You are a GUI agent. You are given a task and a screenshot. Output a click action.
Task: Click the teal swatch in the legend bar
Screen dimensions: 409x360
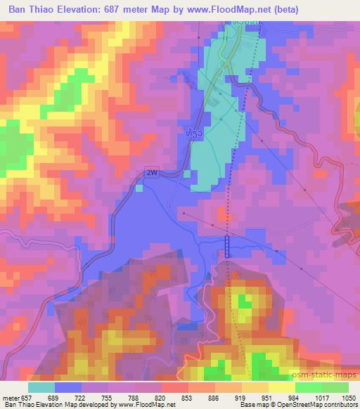[x=41, y=387]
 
